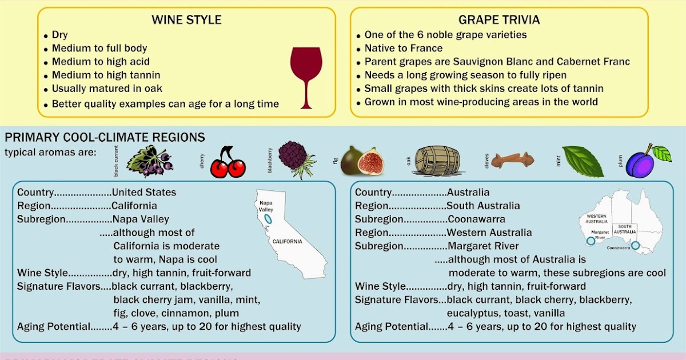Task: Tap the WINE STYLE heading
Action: point(186,20)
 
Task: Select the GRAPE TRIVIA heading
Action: point(499,20)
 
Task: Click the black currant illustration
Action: point(149,161)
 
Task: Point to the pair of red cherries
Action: point(228,163)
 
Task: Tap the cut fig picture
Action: point(362,161)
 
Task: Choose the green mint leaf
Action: point(583,161)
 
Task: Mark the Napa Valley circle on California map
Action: point(268,219)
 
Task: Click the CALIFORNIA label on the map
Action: point(287,242)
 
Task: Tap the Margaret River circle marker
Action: point(591,241)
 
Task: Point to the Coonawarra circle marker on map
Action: point(635,246)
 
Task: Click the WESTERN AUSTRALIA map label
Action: point(596,218)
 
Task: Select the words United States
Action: point(144,193)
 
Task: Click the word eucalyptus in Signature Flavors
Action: point(472,313)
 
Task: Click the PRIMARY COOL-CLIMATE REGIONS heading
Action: point(105,138)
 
